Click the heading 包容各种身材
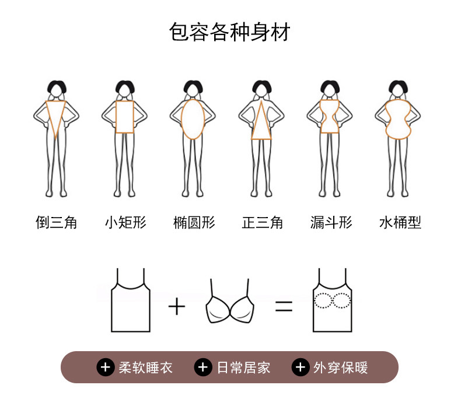coord(229,32)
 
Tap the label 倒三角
coord(57,222)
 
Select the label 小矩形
coord(125,222)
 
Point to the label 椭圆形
coord(194,222)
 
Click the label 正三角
coord(263,222)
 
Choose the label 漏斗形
coord(331,222)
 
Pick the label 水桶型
coord(400,222)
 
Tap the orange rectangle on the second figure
coord(125,117)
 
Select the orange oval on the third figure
coord(194,118)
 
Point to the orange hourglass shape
coord(330,116)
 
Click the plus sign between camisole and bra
coord(176,306)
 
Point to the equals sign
coord(284,306)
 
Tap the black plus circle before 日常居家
coord(203,367)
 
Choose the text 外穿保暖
coord(341,367)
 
